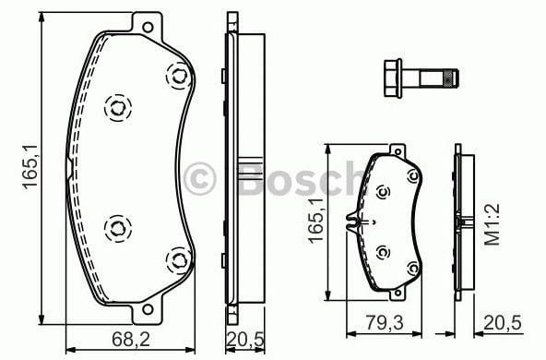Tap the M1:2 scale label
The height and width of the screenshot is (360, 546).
[493, 225]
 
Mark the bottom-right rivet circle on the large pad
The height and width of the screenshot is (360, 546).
[174, 262]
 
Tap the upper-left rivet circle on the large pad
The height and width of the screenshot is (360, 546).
[117, 109]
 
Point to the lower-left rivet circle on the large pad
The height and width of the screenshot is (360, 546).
[117, 226]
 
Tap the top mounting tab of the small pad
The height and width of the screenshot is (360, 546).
[397, 150]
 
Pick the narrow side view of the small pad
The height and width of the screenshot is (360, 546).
[463, 222]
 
